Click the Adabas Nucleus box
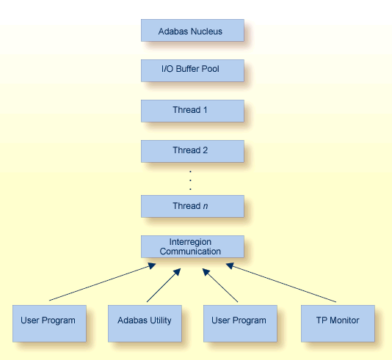[x=191, y=31]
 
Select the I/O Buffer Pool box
[x=191, y=70]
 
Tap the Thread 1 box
[x=191, y=111]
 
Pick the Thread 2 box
[x=191, y=151]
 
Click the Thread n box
[x=191, y=206]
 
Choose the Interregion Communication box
[x=191, y=246]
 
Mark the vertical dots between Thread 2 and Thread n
[x=191, y=180]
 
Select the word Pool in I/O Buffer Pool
[x=211, y=70]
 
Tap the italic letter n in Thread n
[x=206, y=206]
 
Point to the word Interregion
[x=191, y=241]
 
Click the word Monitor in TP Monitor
[x=344, y=320]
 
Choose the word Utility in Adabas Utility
[x=159, y=320]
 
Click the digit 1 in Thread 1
[x=206, y=110]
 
